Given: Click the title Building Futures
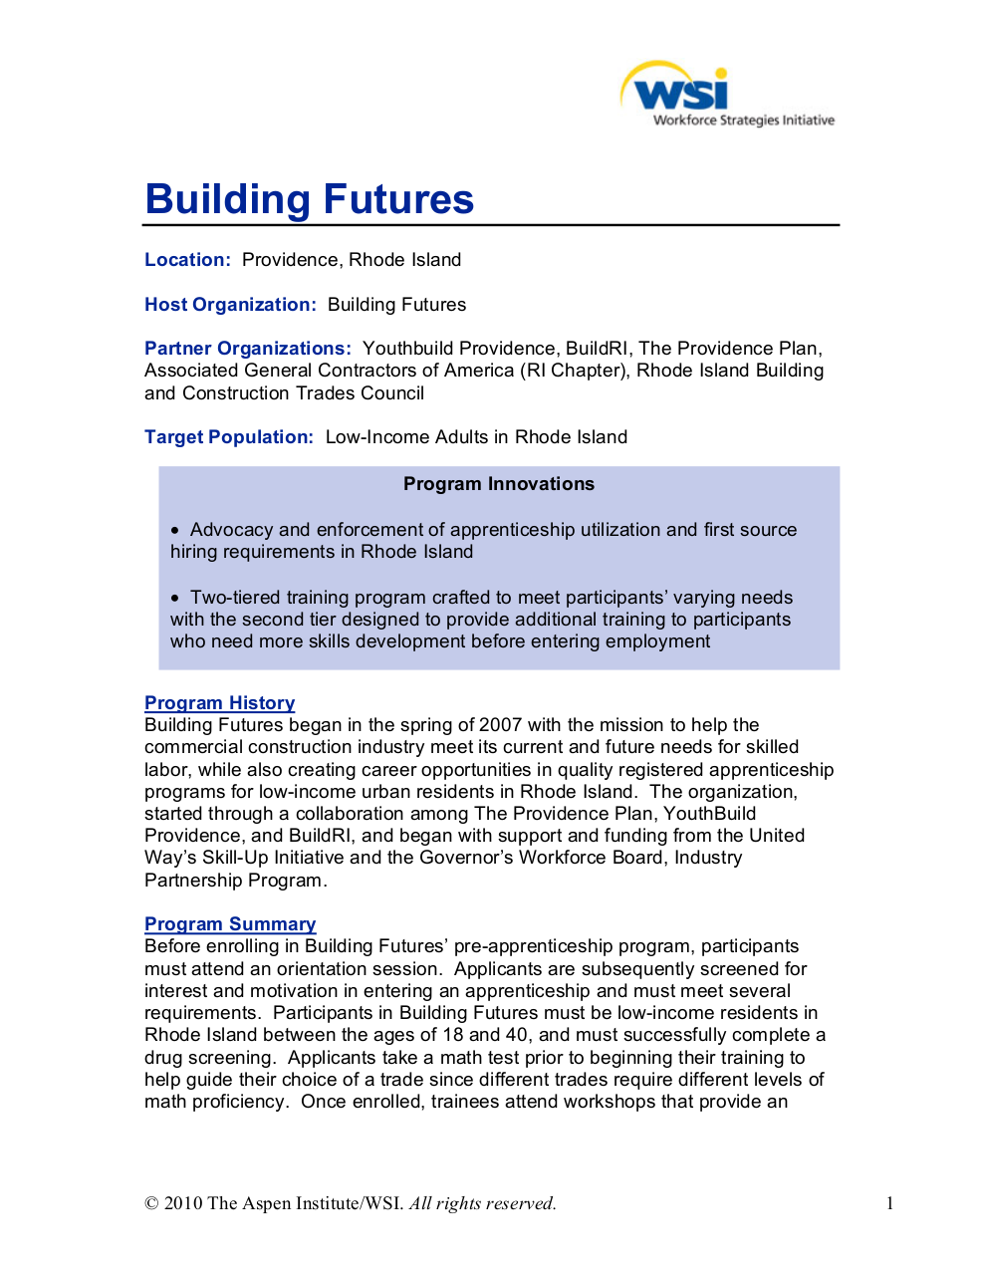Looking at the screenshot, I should coord(309,199).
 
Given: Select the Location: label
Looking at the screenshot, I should coord(187,260).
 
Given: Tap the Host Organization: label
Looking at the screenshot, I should coord(230,305).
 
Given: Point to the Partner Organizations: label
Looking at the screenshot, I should coord(247,349).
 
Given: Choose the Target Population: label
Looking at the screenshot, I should coord(229,437).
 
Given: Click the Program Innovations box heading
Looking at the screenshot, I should coord(498,484).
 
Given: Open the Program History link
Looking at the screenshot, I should coord(219,703).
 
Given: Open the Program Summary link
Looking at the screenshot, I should coord(230,924).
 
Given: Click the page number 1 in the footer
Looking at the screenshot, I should coord(889,1203).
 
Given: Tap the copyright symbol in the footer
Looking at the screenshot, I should coord(151,1203).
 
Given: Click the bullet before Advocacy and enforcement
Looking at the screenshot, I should coord(175,531).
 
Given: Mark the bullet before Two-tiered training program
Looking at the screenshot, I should coord(175,599).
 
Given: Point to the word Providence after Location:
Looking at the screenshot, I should coord(290,260).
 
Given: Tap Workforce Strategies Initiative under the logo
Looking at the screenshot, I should coord(743,121).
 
